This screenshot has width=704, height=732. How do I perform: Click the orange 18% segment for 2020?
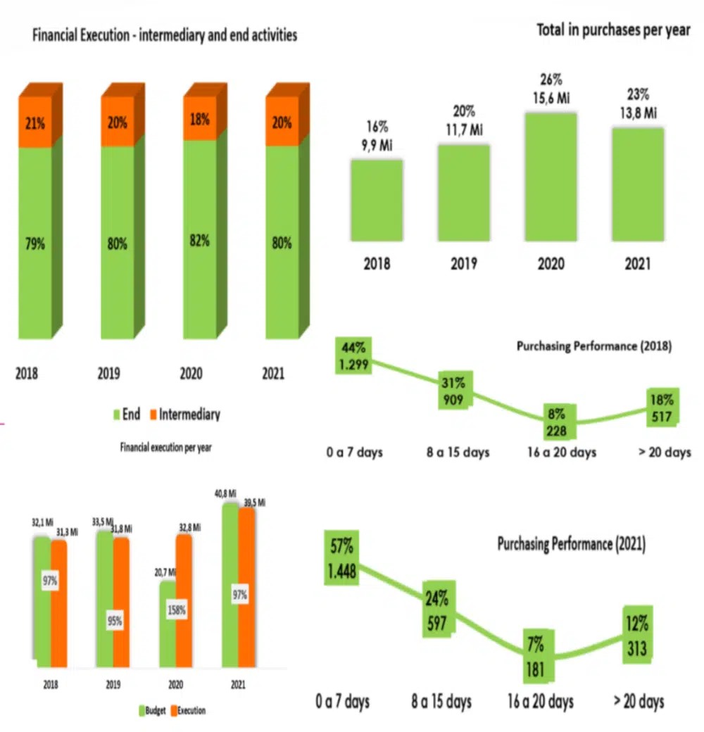(x=199, y=120)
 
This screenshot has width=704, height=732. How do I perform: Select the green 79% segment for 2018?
(x=35, y=243)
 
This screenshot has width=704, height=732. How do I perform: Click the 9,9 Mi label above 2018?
(x=377, y=145)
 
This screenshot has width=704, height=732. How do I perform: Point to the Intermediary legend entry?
(x=184, y=414)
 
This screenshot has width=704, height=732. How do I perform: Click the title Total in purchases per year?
(x=613, y=31)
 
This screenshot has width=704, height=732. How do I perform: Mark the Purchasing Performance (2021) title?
(x=571, y=543)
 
